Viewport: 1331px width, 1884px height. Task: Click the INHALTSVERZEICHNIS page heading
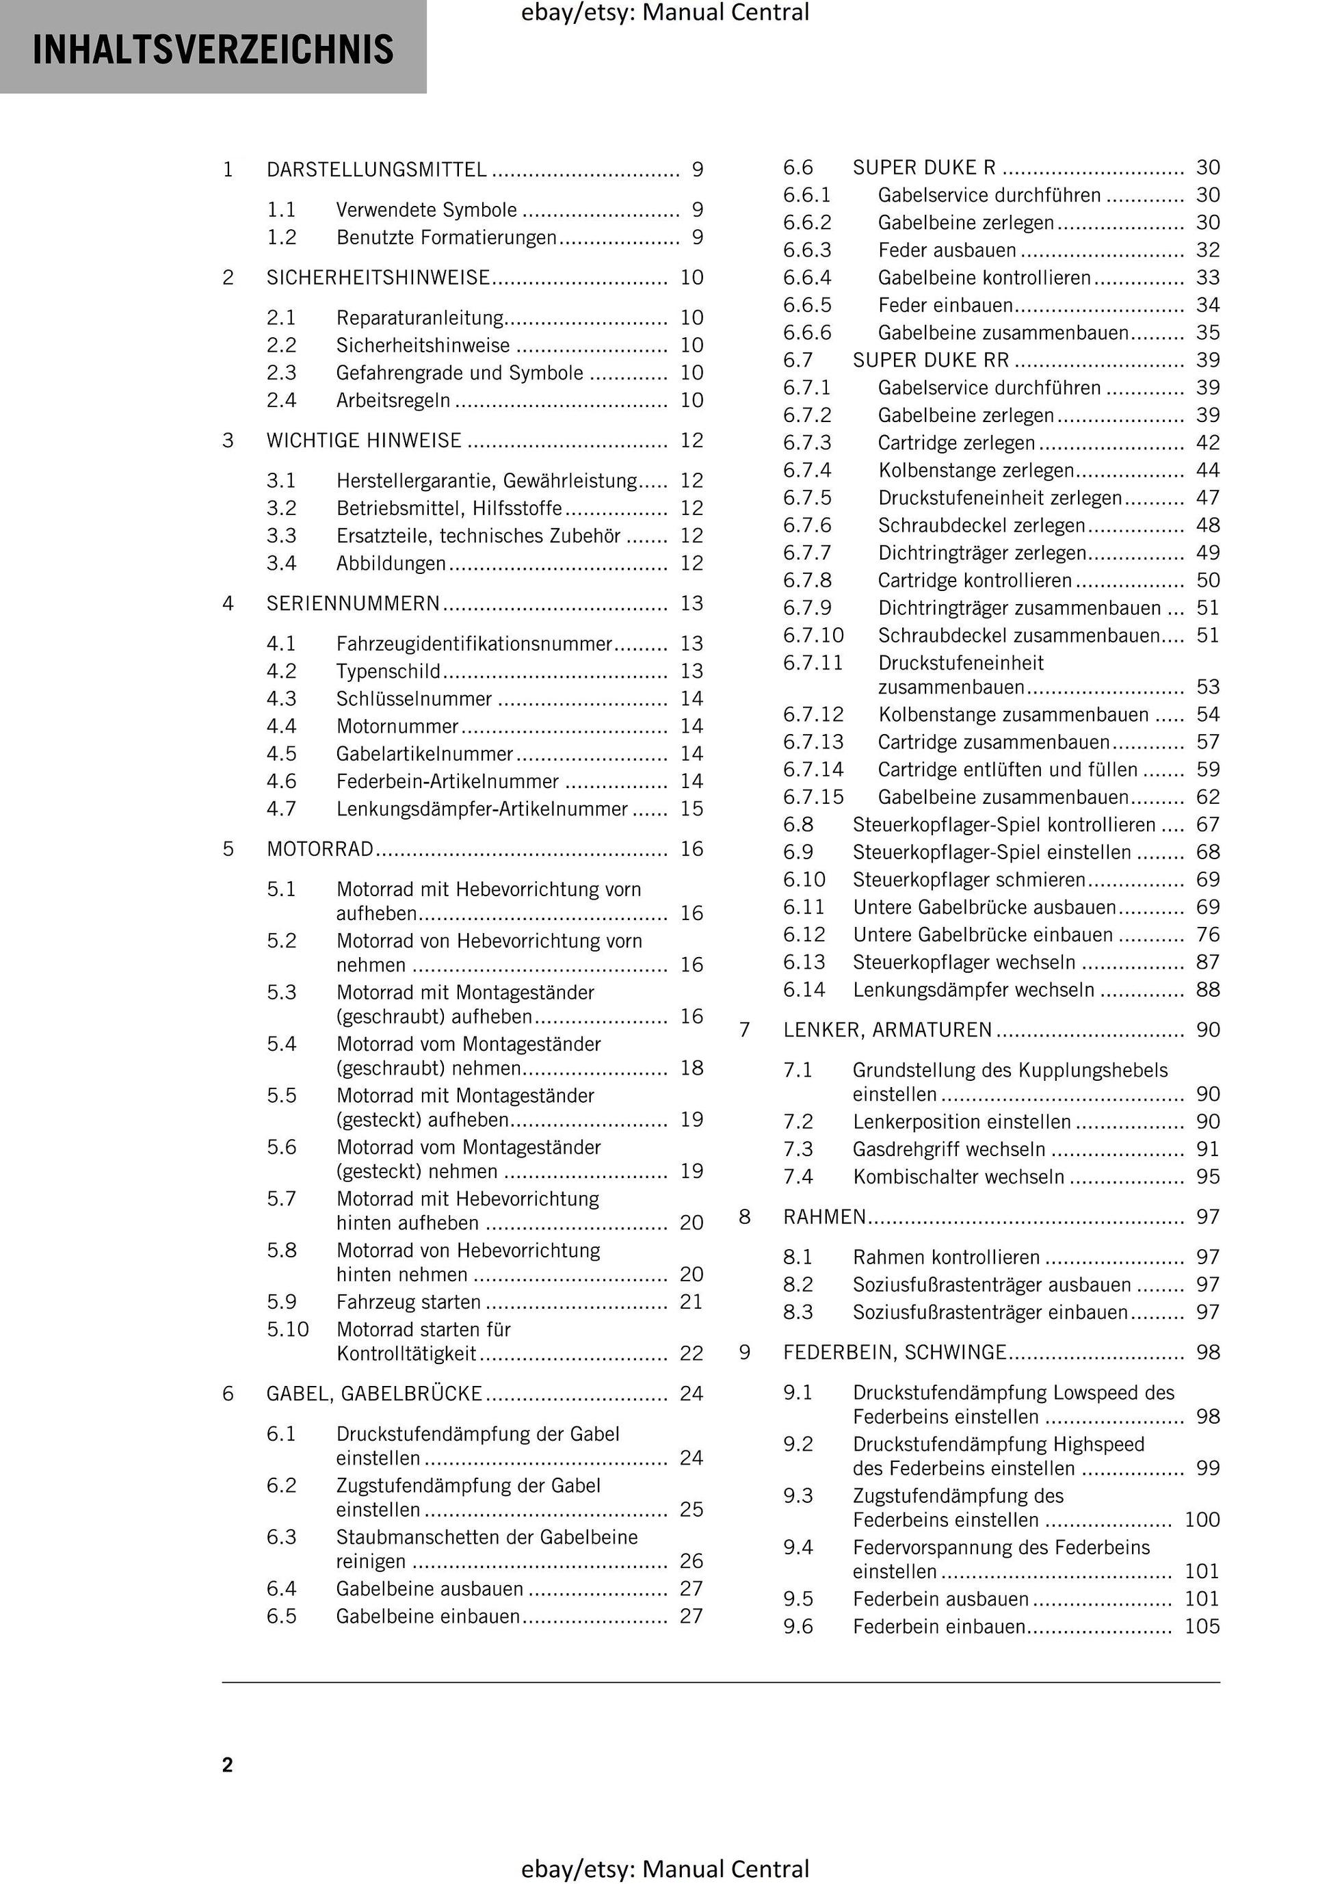pos(213,49)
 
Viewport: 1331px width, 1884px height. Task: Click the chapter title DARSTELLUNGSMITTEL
pos(377,170)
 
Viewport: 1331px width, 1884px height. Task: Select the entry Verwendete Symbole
pos(427,210)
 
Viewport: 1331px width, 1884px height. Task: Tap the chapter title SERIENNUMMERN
pos(354,604)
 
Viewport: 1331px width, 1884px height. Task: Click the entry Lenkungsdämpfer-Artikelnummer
pos(482,809)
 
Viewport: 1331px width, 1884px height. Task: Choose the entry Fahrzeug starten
pos(408,1303)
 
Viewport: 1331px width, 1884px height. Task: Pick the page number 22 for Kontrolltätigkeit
pos(691,1354)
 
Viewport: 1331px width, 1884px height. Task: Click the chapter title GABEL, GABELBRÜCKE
pos(374,1394)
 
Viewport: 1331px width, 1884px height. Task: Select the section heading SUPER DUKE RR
pos(931,361)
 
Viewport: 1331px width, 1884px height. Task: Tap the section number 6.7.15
pos(813,798)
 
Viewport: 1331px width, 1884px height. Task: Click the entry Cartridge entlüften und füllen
pos(1007,770)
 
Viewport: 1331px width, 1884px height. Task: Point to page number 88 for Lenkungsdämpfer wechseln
pos(1207,990)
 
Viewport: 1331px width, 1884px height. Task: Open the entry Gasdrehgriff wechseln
pos(949,1149)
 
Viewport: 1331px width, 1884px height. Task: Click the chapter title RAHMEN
pos(824,1217)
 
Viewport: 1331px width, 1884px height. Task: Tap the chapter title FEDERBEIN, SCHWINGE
pos(895,1352)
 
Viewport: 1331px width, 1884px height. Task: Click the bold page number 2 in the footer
pos(227,1765)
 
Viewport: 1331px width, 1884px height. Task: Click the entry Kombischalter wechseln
pos(958,1177)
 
